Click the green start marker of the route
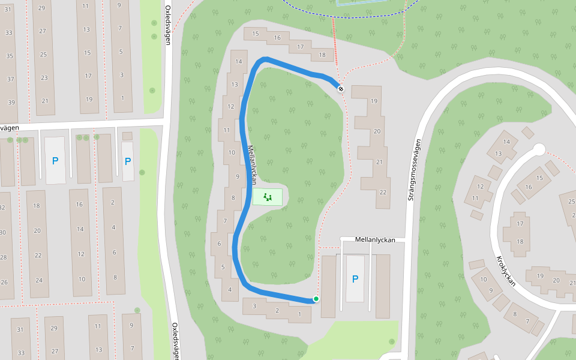tap(316, 299)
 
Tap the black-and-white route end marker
tap(341, 89)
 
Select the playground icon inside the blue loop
tap(268, 196)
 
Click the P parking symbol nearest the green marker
tap(355, 279)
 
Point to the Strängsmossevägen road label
tap(412, 169)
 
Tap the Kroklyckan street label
tap(506, 271)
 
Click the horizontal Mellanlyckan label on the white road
tap(375, 239)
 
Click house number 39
tap(11, 102)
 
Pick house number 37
tap(11, 79)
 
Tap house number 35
tap(10, 56)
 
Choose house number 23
tap(44, 77)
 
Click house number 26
tap(4, 281)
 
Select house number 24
tap(39, 280)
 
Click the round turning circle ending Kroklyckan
tap(539, 149)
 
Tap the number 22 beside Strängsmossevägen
tap(383, 192)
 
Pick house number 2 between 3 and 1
tap(277, 310)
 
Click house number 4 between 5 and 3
tap(229, 290)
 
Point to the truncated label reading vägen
tap(10, 128)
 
